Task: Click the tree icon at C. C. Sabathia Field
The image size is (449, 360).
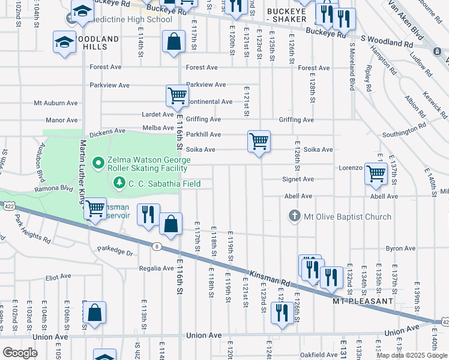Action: click(x=119, y=182)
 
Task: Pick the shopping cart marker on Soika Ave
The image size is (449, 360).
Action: click(x=259, y=142)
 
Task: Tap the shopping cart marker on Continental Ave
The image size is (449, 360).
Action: click(x=177, y=95)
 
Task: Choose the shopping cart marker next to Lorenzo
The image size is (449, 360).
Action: click(x=376, y=173)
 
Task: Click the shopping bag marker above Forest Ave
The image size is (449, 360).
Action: click(x=173, y=42)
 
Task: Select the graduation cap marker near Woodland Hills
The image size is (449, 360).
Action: click(x=64, y=43)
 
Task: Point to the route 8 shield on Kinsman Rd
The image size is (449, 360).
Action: click(x=156, y=246)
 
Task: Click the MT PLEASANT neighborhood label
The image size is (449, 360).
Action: click(x=363, y=301)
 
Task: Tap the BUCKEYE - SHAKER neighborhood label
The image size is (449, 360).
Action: click(x=286, y=16)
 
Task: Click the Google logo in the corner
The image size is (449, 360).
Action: click(x=20, y=353)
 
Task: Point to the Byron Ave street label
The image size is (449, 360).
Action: click(x=400, y=248)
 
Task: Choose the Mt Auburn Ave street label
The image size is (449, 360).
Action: click(x=56, y=103)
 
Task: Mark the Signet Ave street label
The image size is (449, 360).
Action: click(x=298, y=179)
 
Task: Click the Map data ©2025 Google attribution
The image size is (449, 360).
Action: click(x=412, y=355)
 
